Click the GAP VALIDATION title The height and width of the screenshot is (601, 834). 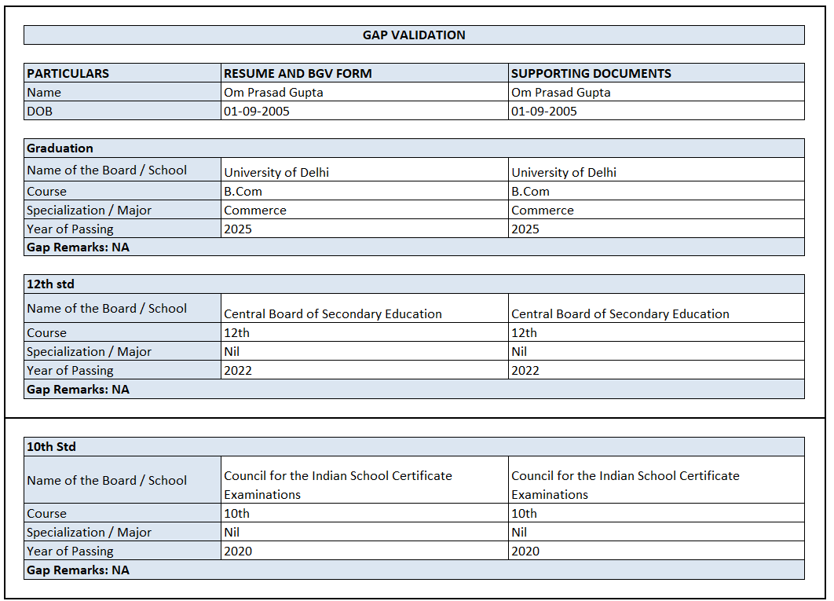[414, 35]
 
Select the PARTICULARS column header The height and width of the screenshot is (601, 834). [68, 74]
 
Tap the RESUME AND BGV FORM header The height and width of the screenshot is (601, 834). [298, 74]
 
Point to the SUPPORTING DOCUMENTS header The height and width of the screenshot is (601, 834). [591, 74]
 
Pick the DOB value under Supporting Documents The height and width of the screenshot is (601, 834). [543, 112]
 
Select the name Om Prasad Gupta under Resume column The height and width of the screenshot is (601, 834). [273, 93]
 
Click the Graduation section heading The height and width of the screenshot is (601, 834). [60, 148]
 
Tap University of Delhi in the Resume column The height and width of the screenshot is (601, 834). [276, 173]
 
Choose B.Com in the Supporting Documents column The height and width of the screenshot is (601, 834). [530, 192]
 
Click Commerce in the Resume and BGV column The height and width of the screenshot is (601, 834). [255, 211]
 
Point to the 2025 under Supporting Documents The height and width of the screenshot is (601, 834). [525, 229]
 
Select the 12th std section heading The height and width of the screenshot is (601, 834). [50, 284]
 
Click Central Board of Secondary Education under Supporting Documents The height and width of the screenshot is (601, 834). [620, 314]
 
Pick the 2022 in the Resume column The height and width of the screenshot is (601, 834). [238, 371]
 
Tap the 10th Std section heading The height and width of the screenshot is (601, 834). [51, 447]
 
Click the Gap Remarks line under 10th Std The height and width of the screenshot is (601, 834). [78, 570]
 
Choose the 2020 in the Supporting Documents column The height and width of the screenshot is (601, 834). [525, 552]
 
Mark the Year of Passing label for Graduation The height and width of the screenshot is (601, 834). [70, 229]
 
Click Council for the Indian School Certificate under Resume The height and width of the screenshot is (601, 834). [338, 476]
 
